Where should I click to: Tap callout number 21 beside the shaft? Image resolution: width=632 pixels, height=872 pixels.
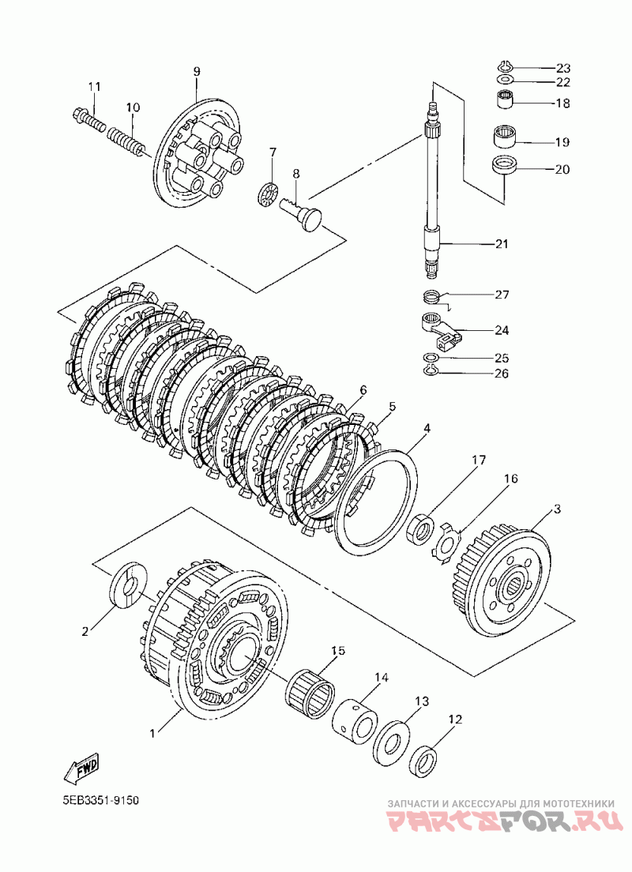(x=502, y=243)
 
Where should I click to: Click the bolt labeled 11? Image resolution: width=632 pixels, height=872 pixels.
(x=89, y=119)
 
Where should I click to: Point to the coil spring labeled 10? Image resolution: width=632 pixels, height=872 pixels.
(x=127, y=141)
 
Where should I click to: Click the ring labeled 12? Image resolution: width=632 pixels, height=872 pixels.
(x=424, y=761)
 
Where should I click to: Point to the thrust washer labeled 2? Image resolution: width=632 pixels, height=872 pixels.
(x=127, y=584)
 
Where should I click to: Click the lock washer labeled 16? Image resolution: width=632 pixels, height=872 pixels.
(x=446, y=542)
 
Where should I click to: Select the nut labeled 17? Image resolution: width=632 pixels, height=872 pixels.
(x=421, y=529)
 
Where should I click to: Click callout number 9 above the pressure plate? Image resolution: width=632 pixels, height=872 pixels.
(x=197, y=71)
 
